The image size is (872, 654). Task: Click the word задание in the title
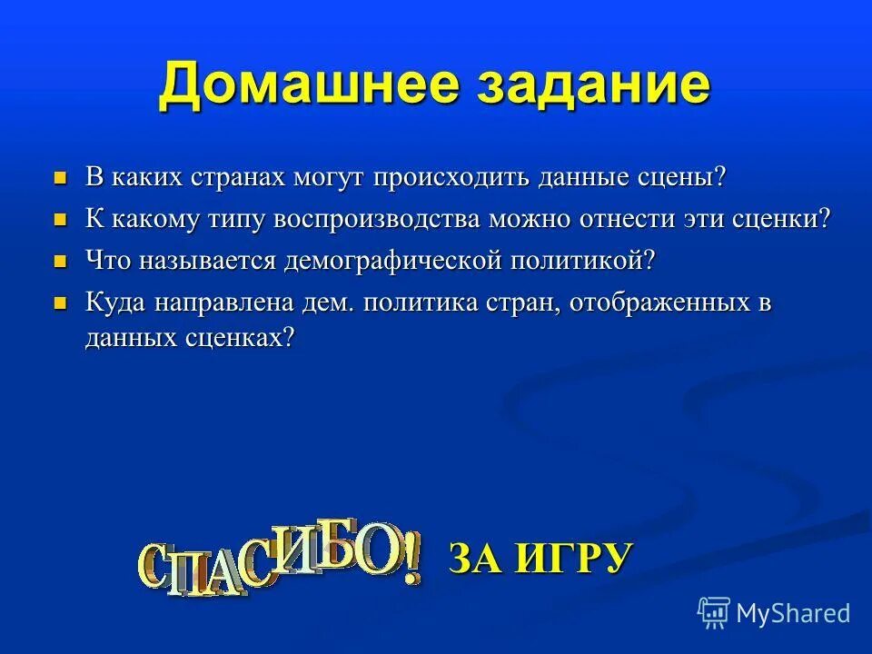coord(582,87)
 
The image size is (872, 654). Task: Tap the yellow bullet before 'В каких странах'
coord(61,177)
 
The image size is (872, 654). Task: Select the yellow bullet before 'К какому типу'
coord(61,220)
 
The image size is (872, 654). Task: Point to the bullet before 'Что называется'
coord(61,262)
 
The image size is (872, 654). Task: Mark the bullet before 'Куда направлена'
coord(61,303)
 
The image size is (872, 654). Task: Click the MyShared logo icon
coord(714,613)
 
